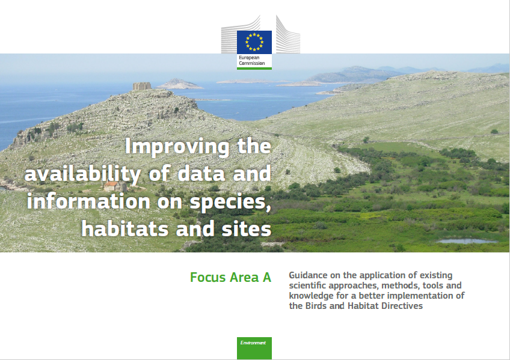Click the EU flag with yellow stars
point(254,42)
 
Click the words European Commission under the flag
point(252,61)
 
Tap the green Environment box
point(254,348)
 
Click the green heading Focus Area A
point(230,278)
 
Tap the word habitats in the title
point(125,229)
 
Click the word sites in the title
point(246,229)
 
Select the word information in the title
point(88,201)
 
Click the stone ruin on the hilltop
point(142,86)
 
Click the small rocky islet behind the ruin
point(179,84)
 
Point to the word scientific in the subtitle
point(308,285)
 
